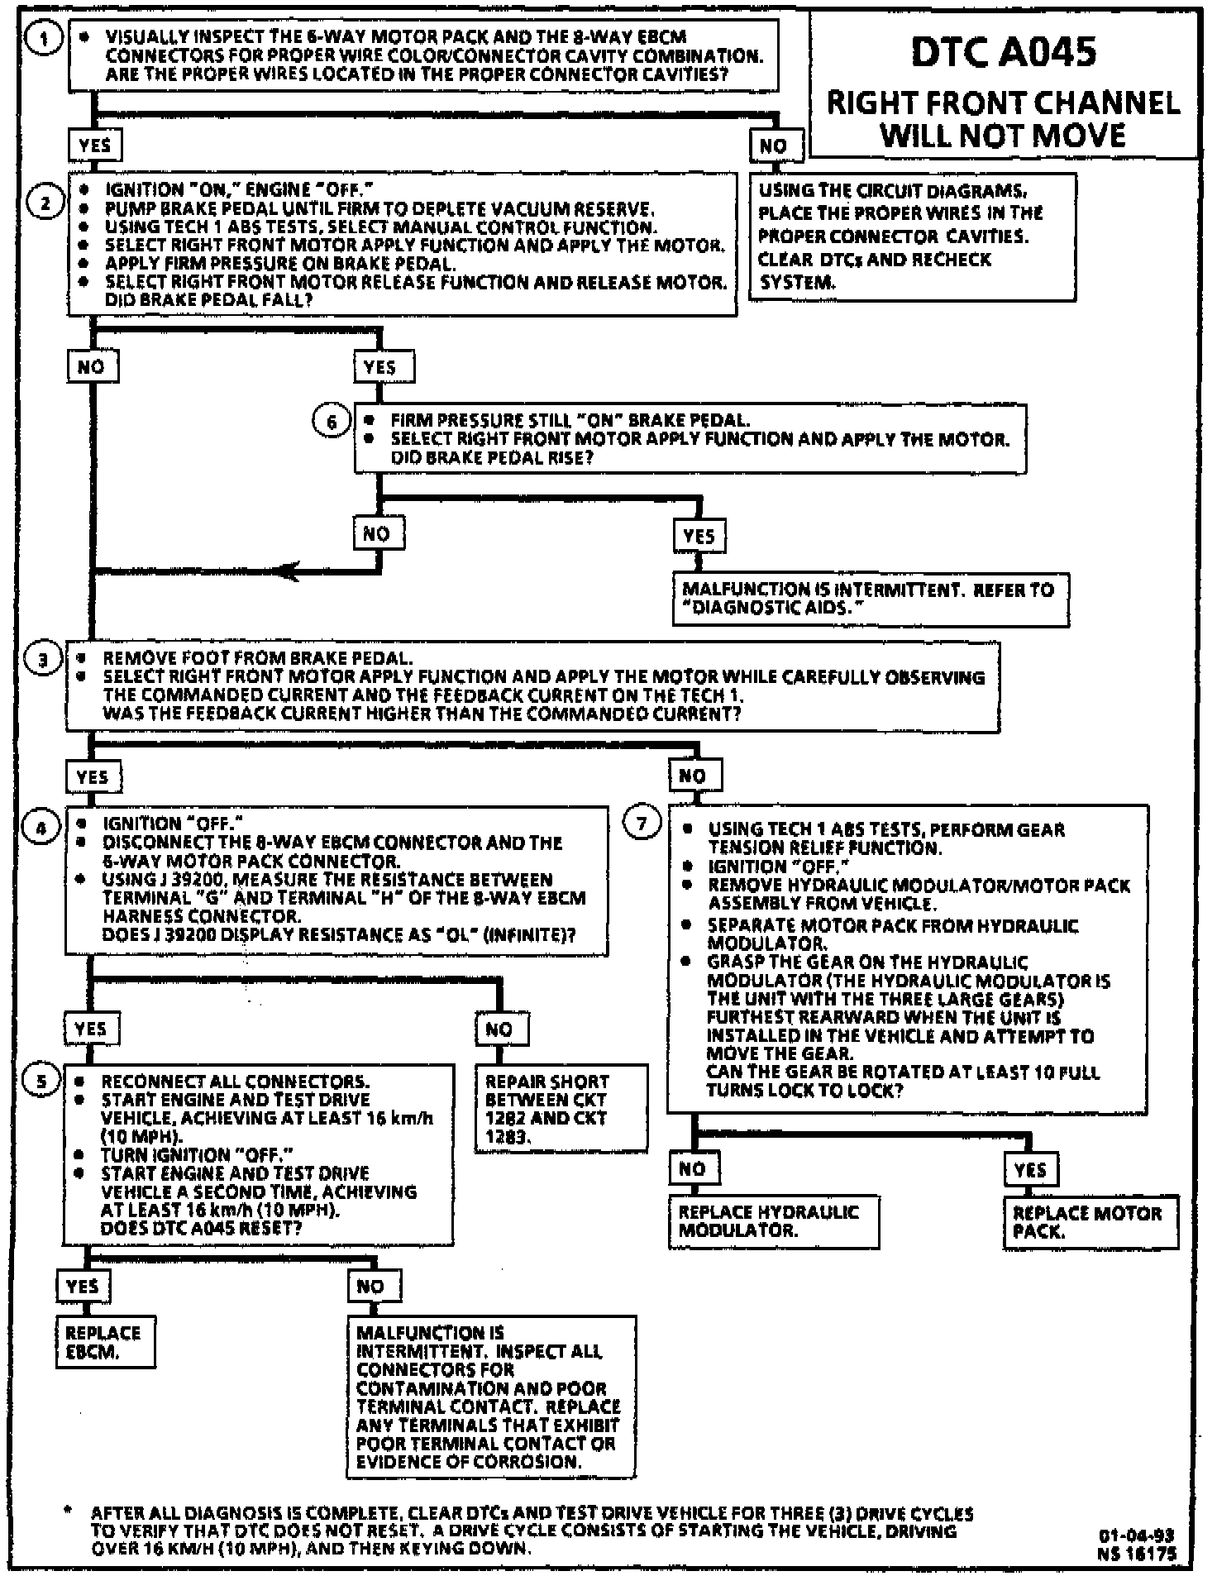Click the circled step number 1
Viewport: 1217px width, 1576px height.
point(43,39)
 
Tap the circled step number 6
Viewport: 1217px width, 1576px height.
point(332,423)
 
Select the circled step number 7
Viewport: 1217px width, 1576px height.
point(642,824)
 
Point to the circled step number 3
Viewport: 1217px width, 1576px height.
point(43,660)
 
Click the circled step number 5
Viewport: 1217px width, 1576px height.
point(42,1081)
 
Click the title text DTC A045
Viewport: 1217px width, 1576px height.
point(1004,51)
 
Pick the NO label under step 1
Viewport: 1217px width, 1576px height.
point(775,146)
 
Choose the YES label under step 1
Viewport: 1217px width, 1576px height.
point(95,146)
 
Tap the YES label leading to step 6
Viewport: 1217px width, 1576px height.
point(380,367)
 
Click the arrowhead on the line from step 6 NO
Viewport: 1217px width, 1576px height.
point(287,570)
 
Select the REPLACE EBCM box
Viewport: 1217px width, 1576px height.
point(105,1342)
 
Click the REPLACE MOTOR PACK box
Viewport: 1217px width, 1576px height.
point(1090,1221)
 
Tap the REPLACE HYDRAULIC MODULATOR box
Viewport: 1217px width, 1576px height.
point(772,1220)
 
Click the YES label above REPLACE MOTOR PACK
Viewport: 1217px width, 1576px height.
point(1031,1169)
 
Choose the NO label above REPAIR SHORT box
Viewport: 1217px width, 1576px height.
point(500,1029)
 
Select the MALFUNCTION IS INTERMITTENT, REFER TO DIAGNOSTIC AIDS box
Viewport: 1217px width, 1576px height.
point(870,599)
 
